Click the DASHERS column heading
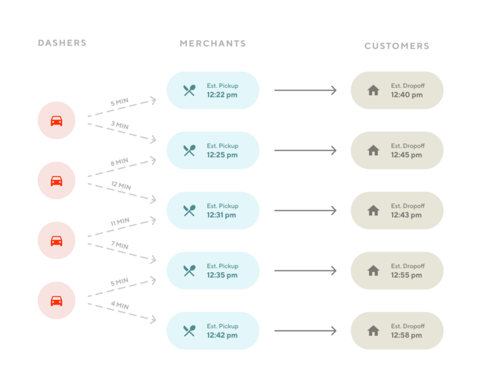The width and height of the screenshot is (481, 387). point(62,43)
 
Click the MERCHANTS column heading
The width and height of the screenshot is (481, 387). point(213,43)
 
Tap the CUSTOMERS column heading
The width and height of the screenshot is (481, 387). point(397,46)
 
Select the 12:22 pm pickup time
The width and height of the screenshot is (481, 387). point(222,95)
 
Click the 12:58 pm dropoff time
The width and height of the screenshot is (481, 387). point(406,335)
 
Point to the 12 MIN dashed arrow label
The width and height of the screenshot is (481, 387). point(121,186)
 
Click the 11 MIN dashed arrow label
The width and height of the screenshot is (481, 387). point(120,222)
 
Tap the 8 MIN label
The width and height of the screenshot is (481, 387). point(120,162)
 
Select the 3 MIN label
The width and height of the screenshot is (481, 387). point(120,125)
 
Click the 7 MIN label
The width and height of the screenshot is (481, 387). point(120,246)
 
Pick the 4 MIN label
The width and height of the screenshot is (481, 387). point(120,306)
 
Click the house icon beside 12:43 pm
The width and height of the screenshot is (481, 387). point(373,211)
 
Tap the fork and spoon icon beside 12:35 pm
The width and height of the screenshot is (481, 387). point(189,271)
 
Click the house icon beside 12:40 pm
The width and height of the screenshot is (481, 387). point(373,90)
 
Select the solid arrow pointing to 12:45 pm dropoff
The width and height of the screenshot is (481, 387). point(305,150)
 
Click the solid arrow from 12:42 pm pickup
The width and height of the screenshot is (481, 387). point(305,331)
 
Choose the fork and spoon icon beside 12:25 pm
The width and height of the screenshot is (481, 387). point(189,150)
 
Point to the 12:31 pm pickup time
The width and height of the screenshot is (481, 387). point(222,215)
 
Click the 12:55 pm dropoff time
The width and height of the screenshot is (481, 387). point(406,275)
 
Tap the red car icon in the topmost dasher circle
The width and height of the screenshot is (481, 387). point(57,120)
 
